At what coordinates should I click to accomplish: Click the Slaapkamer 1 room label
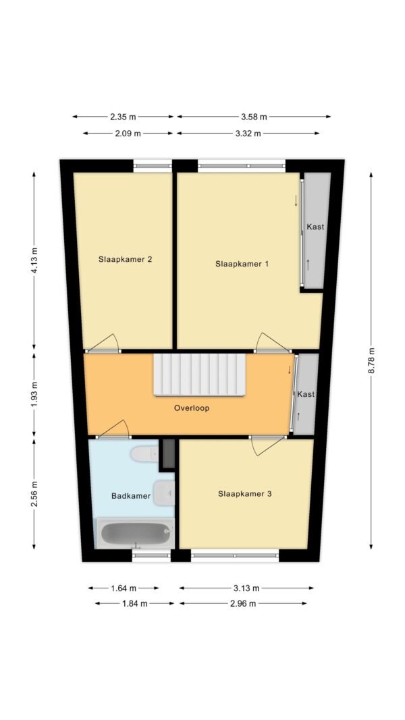[242, 264]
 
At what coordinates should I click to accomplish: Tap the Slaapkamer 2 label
[125, 259]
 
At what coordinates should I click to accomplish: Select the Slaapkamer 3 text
[245, 494]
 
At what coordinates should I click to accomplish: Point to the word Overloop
[192, 408]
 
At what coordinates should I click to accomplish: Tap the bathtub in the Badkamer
[135, 533]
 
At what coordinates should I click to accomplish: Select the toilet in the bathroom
[144, 455]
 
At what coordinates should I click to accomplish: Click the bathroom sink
[163, 493]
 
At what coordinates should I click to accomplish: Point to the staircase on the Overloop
[200, 375]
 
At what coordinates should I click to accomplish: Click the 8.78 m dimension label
[371, 360]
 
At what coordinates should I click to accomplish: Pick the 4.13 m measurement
[34, 260]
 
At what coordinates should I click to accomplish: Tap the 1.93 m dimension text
[34, 395]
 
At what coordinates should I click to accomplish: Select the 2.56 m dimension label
[34, 494]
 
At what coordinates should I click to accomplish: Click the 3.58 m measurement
[254, 117]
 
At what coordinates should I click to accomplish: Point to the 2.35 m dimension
[123, 117]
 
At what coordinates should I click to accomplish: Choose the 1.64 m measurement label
[124, 588]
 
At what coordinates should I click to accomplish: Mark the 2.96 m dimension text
[243, 603]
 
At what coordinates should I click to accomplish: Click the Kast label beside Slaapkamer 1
[315, 226]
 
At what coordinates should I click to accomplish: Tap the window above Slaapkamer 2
[153, 166]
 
